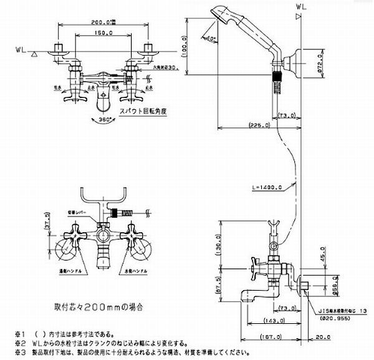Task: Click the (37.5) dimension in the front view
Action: (x=48, y=227)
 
